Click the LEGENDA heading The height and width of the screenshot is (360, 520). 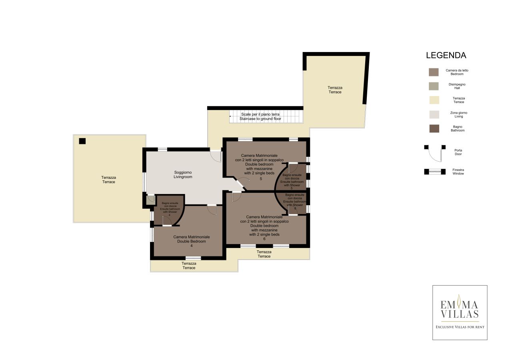pyautogui.click(x=446, y=56)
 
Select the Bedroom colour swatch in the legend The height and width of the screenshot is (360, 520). pyautogui.click(x=434, y=72)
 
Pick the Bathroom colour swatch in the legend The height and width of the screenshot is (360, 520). pyautogui.click(x=434, y=128)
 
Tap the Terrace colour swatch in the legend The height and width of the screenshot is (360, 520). pyautogui.click(x=434, y=100)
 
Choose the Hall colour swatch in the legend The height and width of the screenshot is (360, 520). pyautogui.click(x=434, y=86)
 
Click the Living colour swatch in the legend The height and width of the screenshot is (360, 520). pyautogui.click(x=434, y=114)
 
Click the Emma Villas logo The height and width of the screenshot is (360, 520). pyautogui.click(x=460, y=312)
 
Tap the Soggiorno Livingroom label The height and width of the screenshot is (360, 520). pyautogui.click(x=182, y=174)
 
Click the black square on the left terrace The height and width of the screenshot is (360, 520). pyautogui.click(x=82, y=141)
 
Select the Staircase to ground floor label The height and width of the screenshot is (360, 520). pyautogui.click(x=260, y=119)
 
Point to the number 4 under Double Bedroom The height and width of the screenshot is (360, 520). pyautogui.click(x=191, y=246)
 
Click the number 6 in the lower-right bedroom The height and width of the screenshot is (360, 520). pyautogui.click(x=264, y=239)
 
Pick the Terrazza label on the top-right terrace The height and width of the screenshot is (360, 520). pyautogui.click(x=335, y=88)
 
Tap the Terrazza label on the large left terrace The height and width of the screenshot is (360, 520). pyautogui.click(x=108, y=177)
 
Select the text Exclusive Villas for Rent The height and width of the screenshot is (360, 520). pyautogui.click(x=460, y=327)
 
